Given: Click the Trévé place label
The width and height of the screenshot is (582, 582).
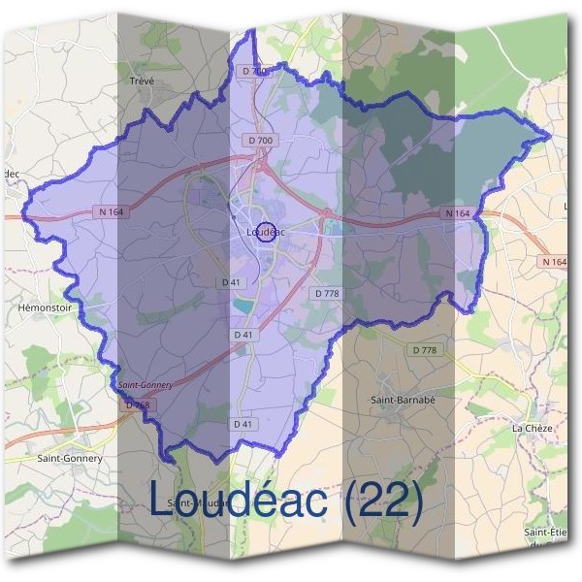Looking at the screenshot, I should tap(142, 81).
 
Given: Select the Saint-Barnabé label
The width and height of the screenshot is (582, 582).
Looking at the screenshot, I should tap(401, 399).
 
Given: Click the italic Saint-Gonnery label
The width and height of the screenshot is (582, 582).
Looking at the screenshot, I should tap(145, 385).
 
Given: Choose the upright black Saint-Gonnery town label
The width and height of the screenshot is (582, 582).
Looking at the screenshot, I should tap(69, 457).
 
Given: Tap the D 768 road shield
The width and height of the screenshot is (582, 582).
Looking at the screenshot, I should tap(139, 404).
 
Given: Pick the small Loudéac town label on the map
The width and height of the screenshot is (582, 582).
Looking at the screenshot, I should tap(265, 233).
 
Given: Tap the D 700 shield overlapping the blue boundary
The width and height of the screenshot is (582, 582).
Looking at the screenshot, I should tap(253, 71).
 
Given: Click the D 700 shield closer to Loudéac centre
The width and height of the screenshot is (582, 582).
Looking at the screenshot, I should tap(260, 141).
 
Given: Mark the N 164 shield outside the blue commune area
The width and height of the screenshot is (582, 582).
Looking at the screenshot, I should tap(555, 262).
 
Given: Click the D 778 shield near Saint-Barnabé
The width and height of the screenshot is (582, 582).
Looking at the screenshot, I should tap(425, 349).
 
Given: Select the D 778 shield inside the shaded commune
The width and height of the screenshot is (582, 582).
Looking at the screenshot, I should tap(327, 293).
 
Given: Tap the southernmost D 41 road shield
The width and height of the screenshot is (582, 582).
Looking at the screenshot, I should tap(243, 424).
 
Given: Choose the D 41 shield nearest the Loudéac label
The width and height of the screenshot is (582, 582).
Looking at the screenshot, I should tap(231, 281).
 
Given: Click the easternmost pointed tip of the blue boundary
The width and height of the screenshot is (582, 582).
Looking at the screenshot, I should tap(550, 136).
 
